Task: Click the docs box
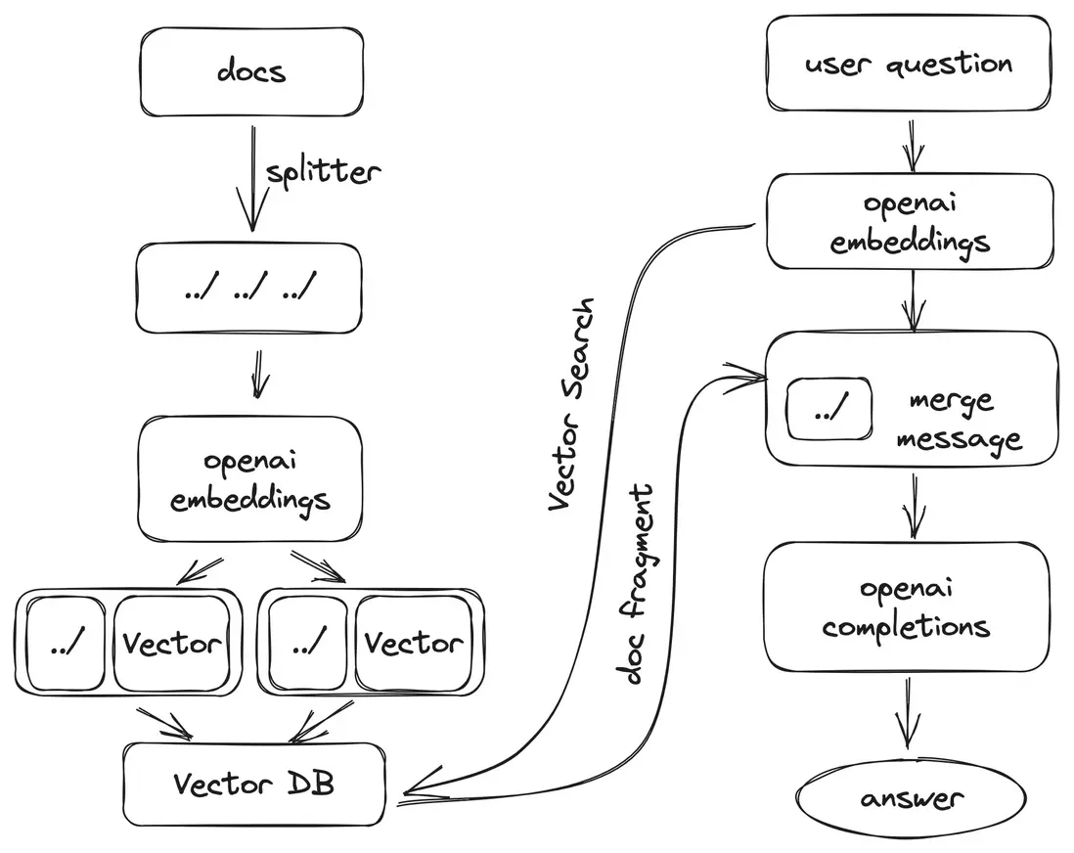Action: pos(252,71)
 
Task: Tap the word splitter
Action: pos(324,172)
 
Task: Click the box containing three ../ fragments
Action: pos(249,288)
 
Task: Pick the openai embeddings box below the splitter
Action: pos(249,479)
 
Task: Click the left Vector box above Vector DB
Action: pos(172,643)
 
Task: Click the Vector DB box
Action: pos(253,784)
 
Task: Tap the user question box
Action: pos(908,64)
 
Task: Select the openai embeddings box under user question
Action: pos(910,222)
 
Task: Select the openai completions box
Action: pos(906,606)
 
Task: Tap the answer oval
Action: pos(912,797)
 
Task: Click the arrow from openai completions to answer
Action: pos(908,712)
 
